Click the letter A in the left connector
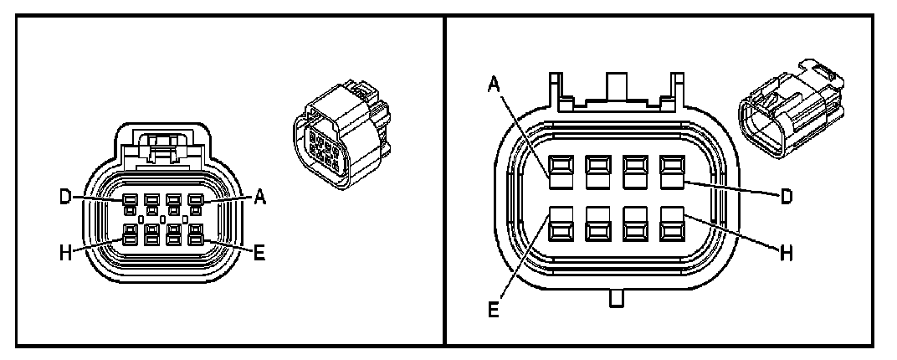[259, 198]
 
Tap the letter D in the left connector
[64, 198]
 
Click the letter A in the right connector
[495, 85]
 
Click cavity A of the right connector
[561, 171]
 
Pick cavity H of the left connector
[130, 235]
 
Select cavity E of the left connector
[196, 235]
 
